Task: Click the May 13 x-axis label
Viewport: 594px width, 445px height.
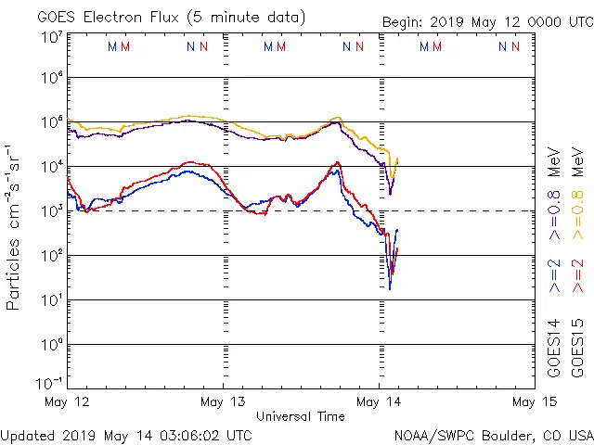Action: click(224, 401)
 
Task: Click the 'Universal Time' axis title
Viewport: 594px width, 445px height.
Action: click(301, 416)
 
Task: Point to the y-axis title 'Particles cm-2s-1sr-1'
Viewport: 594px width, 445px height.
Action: click(16, 225)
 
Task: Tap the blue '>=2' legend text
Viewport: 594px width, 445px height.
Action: click(554, 277)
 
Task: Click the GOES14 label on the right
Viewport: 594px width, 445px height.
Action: click(554, 348)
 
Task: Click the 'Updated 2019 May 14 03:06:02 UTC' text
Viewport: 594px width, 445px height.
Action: click(126, 434)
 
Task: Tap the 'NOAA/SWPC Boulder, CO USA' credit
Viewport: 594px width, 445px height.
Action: click(493, 434)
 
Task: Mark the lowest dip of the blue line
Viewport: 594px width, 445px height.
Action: click(390, 288)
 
